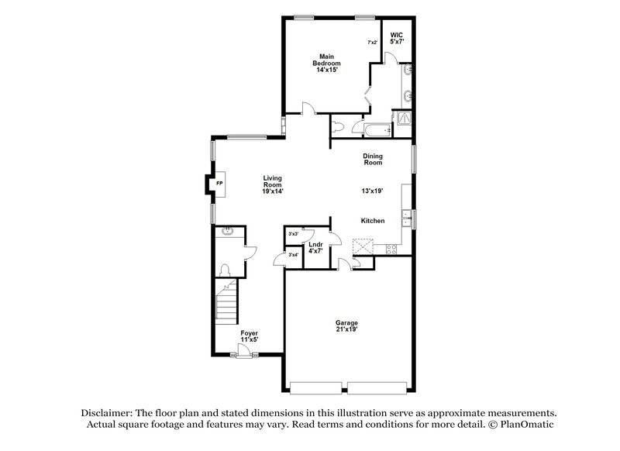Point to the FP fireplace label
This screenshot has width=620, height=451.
click(219, 184)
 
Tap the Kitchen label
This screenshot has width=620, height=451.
click(373, 221)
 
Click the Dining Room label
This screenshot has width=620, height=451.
click(374, 160)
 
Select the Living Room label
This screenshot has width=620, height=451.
click(271, 185)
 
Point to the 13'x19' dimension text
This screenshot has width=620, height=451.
click(373, 191)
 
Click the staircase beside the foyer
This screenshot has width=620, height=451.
click(227, 305)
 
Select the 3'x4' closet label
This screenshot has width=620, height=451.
click(293, 255)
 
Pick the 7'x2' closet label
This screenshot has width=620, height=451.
click(372, 43)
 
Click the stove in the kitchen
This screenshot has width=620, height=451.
click(391, 249)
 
